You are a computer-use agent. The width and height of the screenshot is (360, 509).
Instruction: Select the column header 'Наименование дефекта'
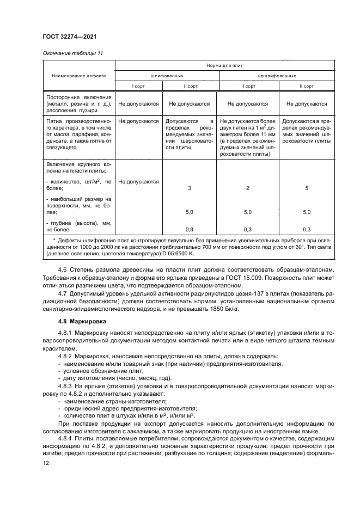pyautogui.click(x=79, y=76)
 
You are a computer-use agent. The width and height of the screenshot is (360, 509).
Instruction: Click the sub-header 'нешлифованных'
pyautogui.click(x=277, y=76)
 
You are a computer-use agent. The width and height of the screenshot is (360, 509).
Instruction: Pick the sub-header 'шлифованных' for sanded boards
pyautogui.click(x=166, y=76)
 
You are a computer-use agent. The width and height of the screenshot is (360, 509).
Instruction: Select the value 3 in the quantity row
pyautogui.click(x=189, y=187)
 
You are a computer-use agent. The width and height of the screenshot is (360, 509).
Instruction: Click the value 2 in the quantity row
pyautogui.click(x=247, y=187)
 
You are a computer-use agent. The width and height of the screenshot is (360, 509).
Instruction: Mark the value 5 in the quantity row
pyautogui.click(x=306, y=187)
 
